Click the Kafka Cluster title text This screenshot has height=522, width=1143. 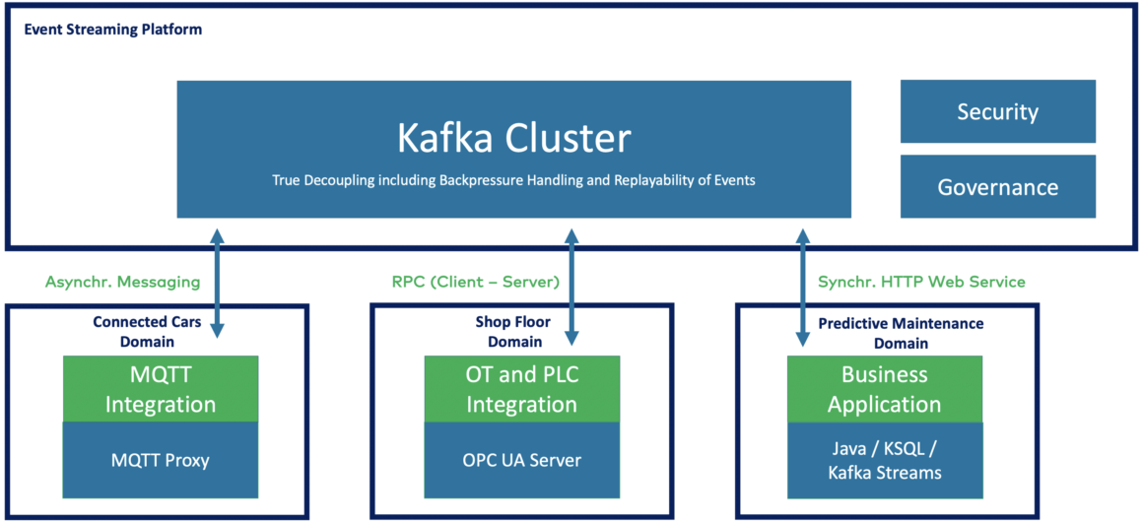point(513,138)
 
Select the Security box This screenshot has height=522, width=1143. point(997,111)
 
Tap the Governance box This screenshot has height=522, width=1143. point(997,187)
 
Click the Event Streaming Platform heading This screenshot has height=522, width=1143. point(112,30)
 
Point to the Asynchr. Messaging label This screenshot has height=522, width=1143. point(122,282)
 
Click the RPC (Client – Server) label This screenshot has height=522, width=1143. point(475,282)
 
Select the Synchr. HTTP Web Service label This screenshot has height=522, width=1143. point(921,282)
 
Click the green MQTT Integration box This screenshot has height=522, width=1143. point(160,389)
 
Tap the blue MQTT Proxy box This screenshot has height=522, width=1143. point(160,460)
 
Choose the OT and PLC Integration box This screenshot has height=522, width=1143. point(521,389)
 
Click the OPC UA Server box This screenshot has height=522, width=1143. point(521,460)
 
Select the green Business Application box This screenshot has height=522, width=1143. point(884,389)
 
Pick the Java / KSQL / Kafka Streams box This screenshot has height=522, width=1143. point(884,460)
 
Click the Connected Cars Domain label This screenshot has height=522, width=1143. point(133,332)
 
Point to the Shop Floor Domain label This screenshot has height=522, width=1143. point(514,332)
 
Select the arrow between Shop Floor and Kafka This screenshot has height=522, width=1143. point(571,286)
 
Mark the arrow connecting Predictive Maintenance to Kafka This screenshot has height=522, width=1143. point(803,286)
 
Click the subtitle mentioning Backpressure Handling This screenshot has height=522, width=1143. point(513,181)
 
